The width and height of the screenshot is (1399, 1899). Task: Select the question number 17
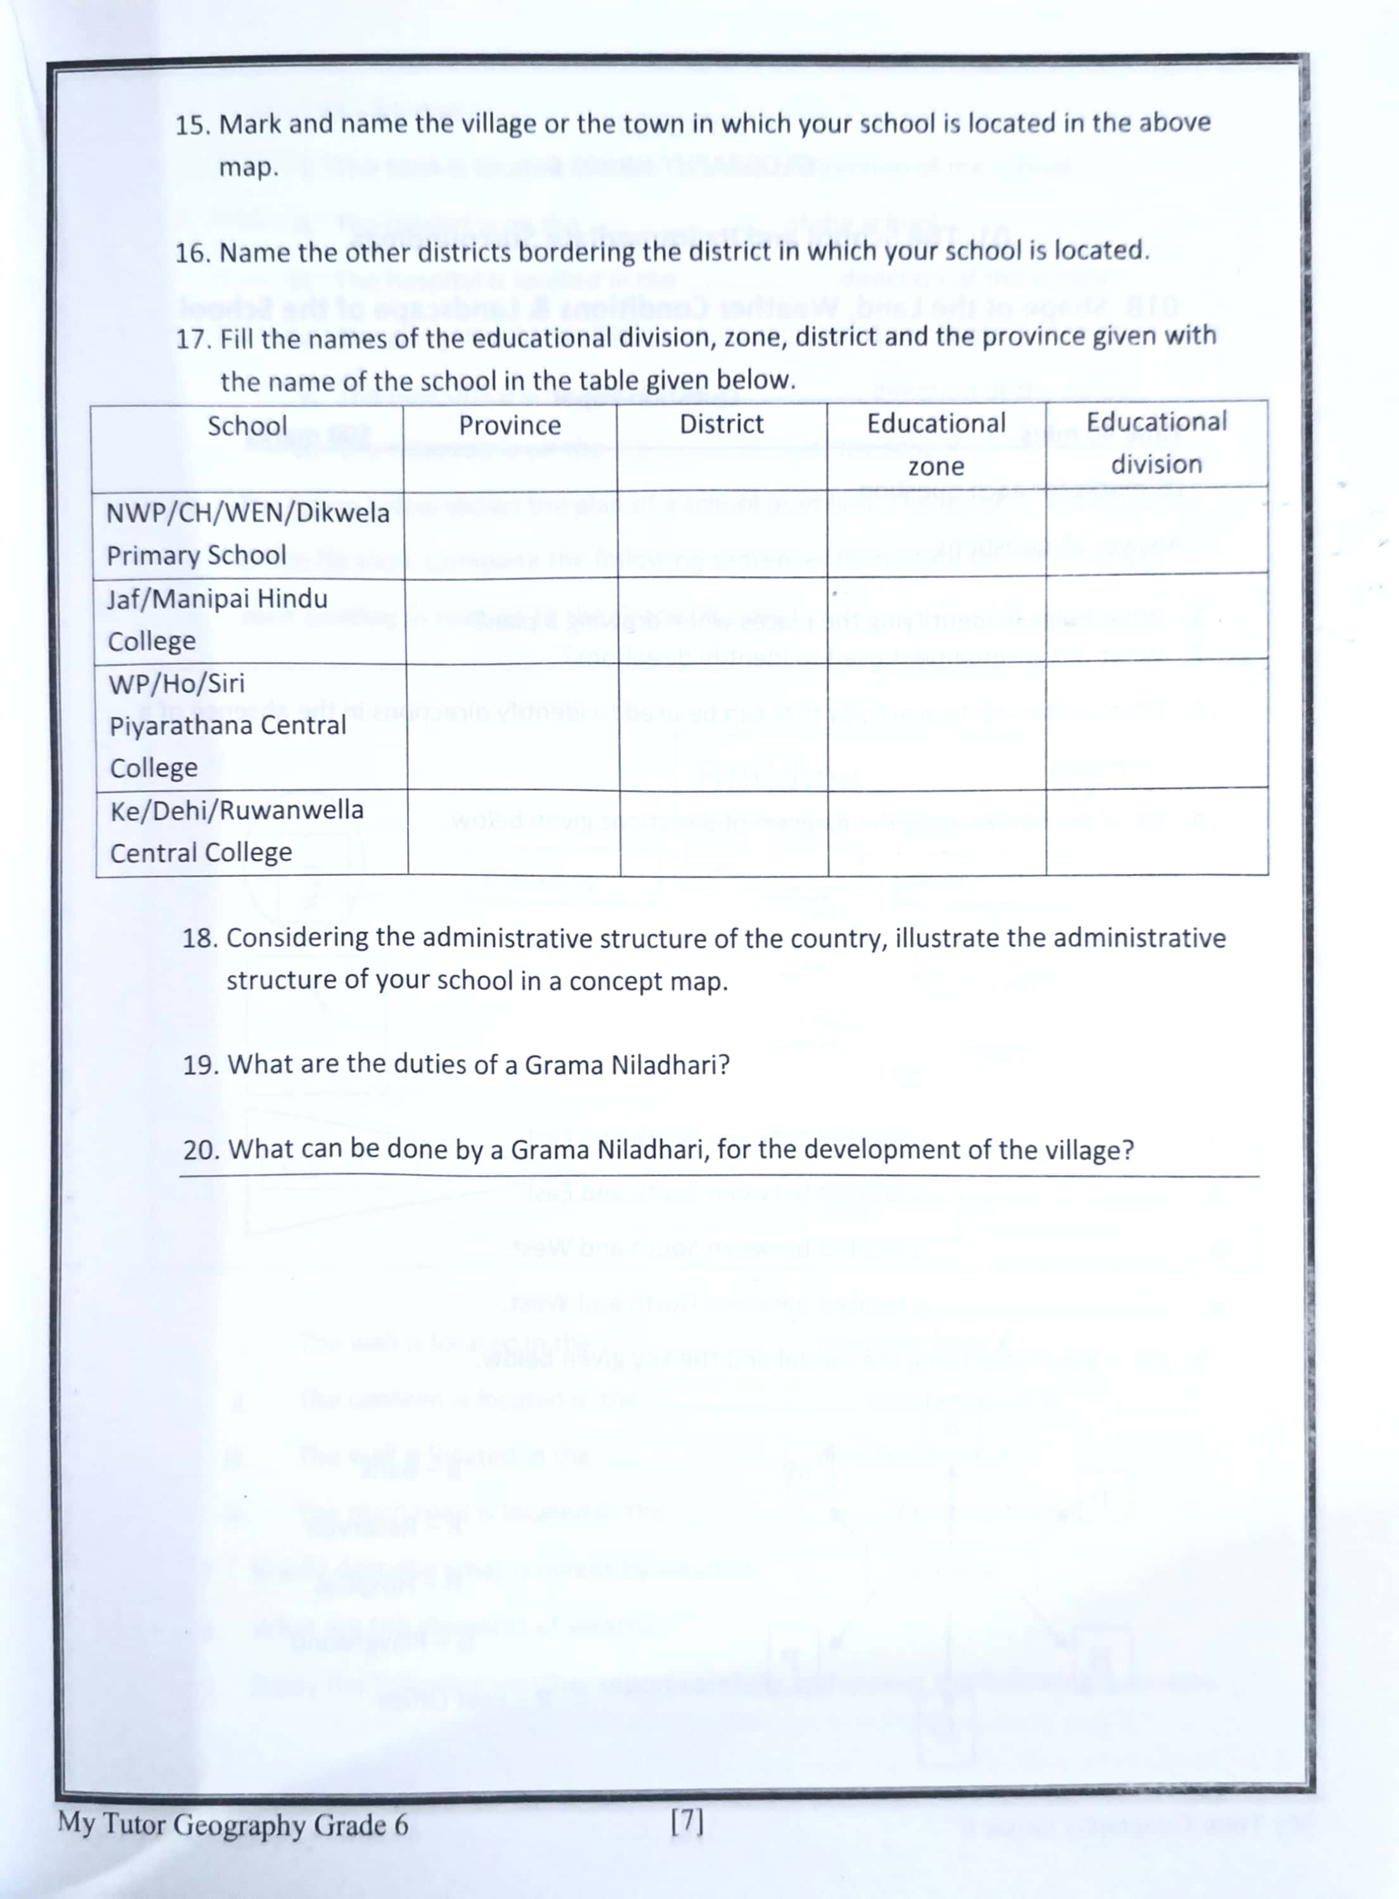(192, 339)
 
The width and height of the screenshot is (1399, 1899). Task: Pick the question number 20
(201, 1151)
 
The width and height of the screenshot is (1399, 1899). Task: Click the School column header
(248, 426)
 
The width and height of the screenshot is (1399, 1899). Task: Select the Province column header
(510, 425)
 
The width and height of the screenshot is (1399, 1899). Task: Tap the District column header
(722, 423)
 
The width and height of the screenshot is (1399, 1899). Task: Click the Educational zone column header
(936, 444)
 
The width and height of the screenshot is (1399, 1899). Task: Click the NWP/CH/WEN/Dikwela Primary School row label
(248, 534)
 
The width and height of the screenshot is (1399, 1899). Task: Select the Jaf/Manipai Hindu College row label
(216, 620)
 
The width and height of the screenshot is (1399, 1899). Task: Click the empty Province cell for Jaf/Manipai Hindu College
(511, 619)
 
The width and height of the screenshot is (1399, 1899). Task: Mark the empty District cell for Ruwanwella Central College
(724, 831)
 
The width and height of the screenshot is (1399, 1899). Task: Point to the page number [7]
(686, 1821)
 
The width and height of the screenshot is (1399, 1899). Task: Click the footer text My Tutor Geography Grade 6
(233, 1824)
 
